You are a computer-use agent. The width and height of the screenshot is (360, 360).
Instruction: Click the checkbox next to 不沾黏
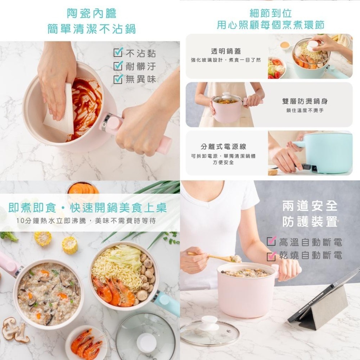click(x=118, y=53)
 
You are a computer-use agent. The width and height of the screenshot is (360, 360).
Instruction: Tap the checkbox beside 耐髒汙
click(x=118, y=66)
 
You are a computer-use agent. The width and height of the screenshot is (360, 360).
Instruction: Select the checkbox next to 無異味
click(x=118, y=79)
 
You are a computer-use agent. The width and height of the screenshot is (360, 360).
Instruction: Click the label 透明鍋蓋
click(x=226, y=51)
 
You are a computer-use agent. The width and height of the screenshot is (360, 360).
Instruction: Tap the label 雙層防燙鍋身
click(x=305, y=102)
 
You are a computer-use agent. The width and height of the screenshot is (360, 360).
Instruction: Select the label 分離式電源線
click(x=223, y=147)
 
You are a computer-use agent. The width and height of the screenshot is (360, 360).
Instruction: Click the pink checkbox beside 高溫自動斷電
click(x=271, y=242)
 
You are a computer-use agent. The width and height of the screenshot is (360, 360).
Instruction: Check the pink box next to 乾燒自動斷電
click(x=271, y=256)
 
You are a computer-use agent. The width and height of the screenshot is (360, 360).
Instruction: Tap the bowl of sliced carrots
click(x=83, y=189)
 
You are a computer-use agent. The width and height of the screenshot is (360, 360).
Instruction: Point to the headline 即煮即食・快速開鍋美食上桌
click(x=87, y=208)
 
